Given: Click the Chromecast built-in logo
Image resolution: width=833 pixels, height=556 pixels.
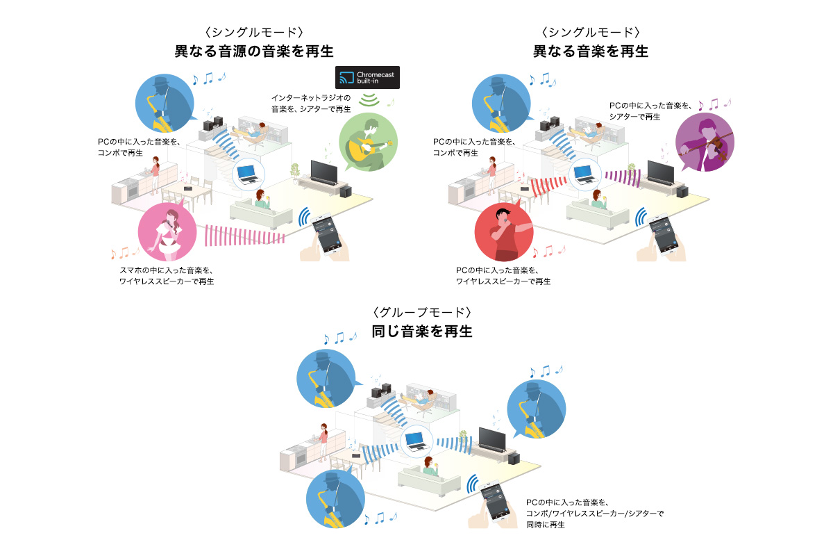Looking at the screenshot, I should pyautogui.click(x=367, y=77).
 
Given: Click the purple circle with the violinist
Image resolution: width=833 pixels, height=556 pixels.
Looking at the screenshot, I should pyautogui.click(x=704, y=142).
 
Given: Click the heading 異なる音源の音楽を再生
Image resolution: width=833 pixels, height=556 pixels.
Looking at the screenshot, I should pyautogui.click(x=255, y=51).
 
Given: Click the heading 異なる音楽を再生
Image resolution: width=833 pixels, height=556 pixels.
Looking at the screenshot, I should pyautogui.click(x=591, y=51).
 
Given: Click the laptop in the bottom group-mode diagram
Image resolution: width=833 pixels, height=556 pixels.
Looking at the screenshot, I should pyautogui.click(x=414, y=440).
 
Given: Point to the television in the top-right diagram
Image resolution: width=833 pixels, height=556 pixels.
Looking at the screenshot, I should pyautogui.click(x=661, y=171).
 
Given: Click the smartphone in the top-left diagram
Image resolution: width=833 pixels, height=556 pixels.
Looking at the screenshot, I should pyautogui.click(x=325, y=232).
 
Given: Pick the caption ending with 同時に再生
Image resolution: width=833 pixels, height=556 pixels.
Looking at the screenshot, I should pyautogui.click(x=594, y=513).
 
